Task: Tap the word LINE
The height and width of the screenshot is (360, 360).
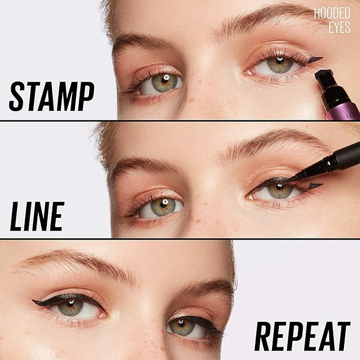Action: pos(37,216)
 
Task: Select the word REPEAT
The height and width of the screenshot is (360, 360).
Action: pos(302,336)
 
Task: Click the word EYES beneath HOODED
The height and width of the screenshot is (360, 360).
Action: pos(339,27)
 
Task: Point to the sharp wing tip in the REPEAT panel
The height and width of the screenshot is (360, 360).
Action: pos(33,302)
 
